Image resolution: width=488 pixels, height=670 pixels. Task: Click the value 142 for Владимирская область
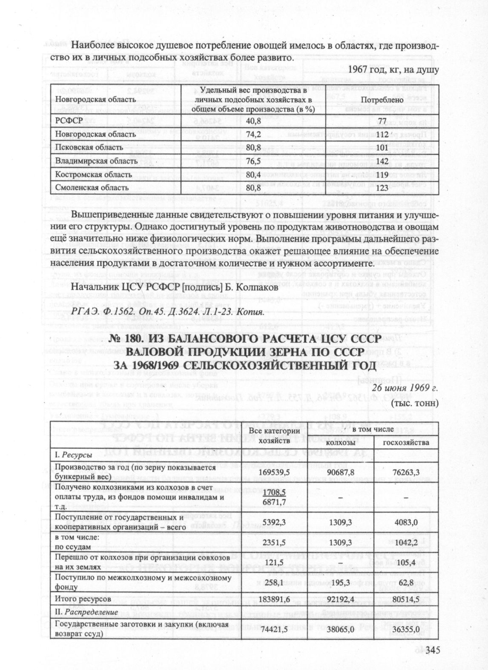point(382,161)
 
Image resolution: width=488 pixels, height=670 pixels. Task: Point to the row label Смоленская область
point(92,188)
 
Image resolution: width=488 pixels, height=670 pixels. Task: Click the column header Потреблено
point(382,100)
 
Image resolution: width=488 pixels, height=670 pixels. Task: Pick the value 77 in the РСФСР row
point(382,121)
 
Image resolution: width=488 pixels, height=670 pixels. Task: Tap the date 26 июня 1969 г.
point(405,388)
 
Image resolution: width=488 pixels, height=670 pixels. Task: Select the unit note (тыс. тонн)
point(414,402)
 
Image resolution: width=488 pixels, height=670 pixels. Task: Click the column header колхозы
point(340,443)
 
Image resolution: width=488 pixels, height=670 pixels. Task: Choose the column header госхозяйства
point(406,443)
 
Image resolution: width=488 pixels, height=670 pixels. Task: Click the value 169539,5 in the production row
point(274,472)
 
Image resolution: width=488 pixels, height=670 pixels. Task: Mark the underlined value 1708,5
point(274,492)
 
